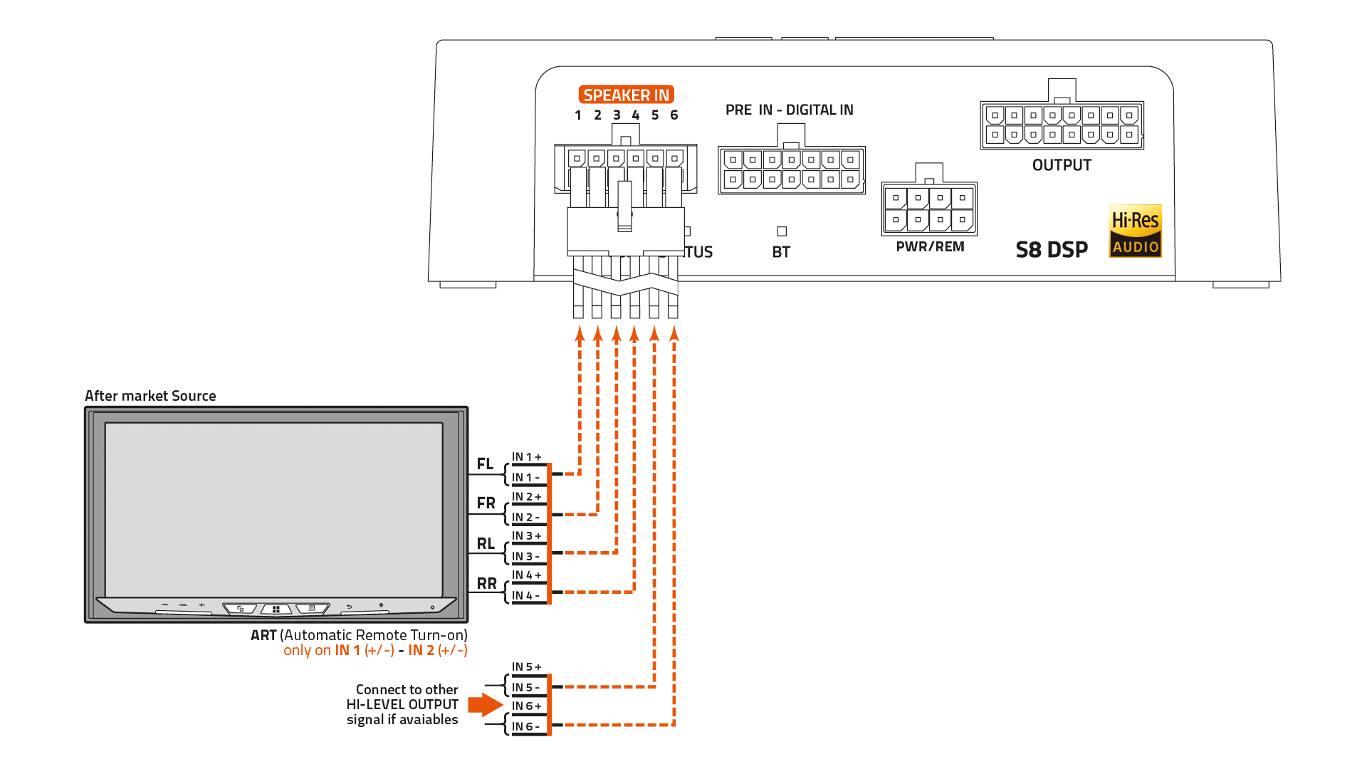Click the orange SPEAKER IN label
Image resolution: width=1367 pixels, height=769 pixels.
[626, 95]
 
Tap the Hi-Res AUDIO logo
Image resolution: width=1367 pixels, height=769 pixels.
[1135, 231]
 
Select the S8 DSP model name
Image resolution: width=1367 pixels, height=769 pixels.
[1052, 250]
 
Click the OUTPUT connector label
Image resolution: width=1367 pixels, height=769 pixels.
[1062, 165]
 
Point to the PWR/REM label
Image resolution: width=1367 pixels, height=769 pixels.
[930, 247]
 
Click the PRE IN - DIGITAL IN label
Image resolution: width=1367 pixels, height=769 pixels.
[789, 110]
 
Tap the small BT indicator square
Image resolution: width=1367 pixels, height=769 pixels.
[782, 231]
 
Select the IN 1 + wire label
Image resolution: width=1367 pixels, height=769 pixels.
[526, 457]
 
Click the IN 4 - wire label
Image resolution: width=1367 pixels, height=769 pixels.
[525, 596]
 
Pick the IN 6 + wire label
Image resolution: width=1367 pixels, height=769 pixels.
[526, 706]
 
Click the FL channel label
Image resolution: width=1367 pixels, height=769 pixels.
[485, 464]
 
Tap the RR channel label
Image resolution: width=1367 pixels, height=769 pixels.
[486, 584]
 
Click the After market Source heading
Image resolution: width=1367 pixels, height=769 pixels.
[150, 396]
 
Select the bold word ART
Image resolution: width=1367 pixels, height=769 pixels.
[263, 635]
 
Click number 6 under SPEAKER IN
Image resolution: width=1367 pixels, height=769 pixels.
[674, 115]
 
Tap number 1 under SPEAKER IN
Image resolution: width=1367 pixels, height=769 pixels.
[578, 115]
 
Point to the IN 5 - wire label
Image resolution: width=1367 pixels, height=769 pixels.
[525, 688]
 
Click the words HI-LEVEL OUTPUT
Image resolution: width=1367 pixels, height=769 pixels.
[402, 705]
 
